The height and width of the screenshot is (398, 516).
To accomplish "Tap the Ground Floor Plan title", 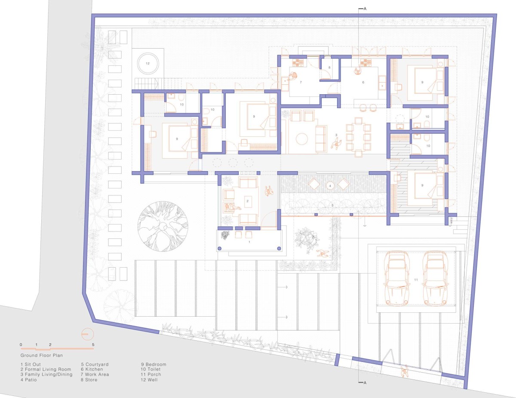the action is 42,355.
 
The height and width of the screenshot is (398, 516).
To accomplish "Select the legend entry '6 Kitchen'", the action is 92,369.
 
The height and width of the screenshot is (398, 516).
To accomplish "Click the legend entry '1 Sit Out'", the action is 31,364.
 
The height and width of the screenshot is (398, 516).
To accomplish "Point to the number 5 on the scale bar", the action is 93,345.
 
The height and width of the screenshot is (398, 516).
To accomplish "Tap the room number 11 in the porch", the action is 416,280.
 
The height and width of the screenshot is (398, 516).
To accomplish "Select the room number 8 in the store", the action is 329,68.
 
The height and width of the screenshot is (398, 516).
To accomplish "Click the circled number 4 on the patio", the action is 330,186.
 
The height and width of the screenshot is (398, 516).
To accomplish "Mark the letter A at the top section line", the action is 365,9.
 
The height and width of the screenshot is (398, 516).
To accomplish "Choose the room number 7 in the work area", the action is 301,82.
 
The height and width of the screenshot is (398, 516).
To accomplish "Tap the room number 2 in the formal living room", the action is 247,201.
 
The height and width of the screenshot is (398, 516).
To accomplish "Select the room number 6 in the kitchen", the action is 363,82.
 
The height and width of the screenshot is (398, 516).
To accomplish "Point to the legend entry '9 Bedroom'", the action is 154,364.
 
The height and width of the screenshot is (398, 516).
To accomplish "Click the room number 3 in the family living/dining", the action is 336,135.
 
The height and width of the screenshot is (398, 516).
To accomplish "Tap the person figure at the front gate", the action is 404,372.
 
